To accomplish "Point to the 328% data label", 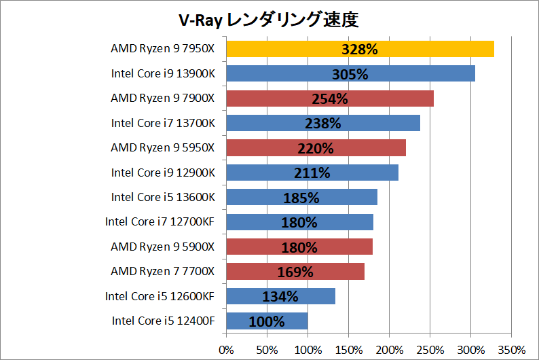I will pos(360,49).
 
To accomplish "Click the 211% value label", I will pos(312,173).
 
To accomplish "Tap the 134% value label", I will pos(280,297).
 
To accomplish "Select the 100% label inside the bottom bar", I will pos(267,321).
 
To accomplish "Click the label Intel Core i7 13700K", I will pos(163,123).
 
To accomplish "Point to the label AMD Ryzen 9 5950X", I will pos(163,148).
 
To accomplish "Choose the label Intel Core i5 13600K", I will pos(163,197).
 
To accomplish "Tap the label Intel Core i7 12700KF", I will pos(160,222).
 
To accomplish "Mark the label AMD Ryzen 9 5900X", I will pos(163,247).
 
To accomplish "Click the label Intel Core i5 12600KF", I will pos(160,296).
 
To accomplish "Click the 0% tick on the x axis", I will pos(226,349).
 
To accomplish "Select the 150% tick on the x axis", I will pos(348,349).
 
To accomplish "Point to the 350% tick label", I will pos(512,349).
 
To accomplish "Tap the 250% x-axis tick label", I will pos(430,349).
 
